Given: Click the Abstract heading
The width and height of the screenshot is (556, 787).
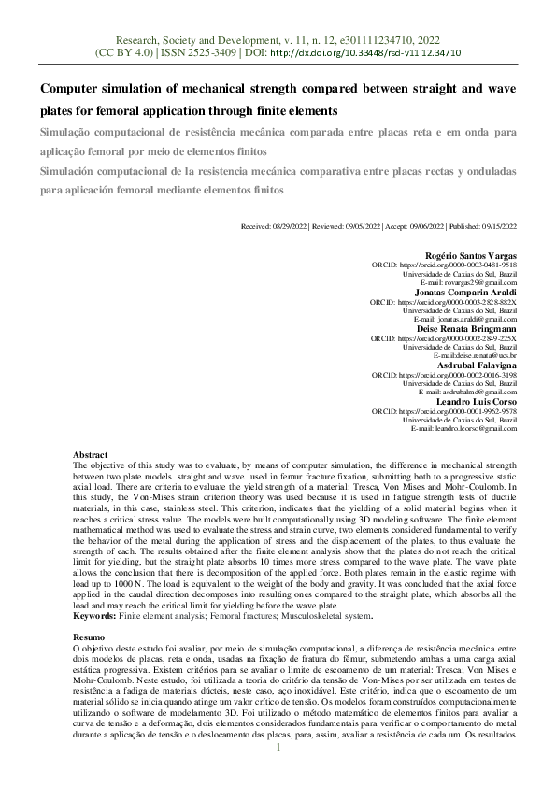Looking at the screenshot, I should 91,453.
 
